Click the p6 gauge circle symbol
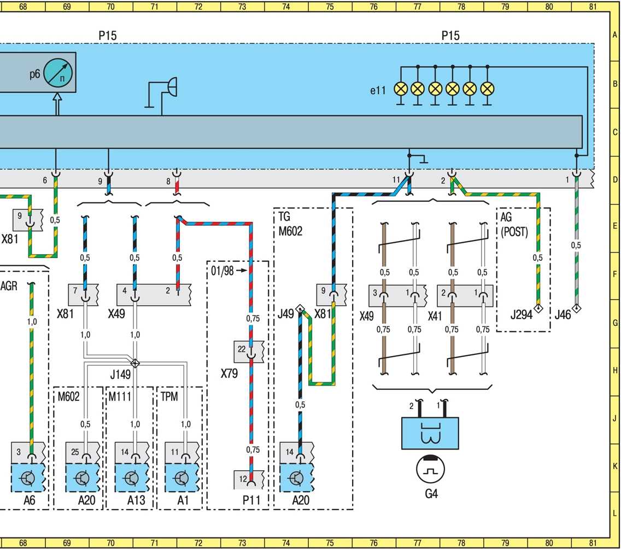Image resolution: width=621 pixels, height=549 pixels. (58, 73)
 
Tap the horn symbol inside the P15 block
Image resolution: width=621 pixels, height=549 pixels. (162, 93)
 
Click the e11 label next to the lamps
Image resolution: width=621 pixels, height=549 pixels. (378, 91)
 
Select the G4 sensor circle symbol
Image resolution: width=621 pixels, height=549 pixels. (431, 469)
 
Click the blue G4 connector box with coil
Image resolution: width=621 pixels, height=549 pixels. (430, 433)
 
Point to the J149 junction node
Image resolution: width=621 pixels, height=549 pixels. (135, 363)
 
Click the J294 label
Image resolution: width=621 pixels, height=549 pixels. (521, 315)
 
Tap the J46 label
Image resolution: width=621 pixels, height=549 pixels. (563, 315)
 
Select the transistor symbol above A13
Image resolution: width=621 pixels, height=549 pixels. (132, 478)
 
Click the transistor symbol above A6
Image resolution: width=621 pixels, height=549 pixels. (27, 478)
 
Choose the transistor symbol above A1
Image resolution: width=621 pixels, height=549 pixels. (181, 478)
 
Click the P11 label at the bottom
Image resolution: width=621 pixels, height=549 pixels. (251, 500)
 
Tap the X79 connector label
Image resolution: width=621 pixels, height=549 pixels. (229, 373)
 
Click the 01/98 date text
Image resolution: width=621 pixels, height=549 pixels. (222, 271)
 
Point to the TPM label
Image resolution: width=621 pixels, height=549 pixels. (169, 396)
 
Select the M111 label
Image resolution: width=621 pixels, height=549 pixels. (120, 396)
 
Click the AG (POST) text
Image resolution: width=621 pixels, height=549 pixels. (514, 224)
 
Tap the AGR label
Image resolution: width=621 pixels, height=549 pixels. (9, 286)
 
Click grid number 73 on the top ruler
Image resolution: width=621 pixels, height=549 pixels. (242, 7)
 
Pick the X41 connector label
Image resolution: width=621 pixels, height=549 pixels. (435, 316)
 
